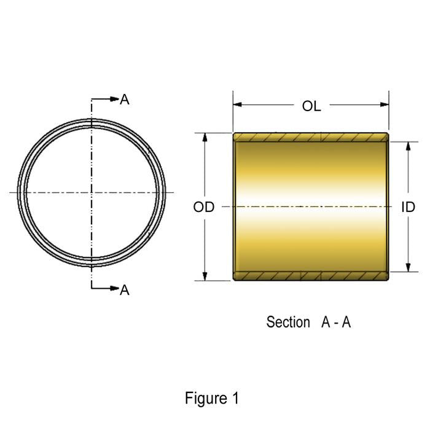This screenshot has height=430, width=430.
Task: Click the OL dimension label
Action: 311,106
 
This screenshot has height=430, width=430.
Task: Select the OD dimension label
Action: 204,208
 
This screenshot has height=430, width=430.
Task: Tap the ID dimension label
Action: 408,208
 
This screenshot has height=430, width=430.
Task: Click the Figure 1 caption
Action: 212,398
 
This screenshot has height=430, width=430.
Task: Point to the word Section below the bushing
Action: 288,322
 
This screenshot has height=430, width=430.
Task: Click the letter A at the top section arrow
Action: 125,100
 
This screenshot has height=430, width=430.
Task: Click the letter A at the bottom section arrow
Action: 125,290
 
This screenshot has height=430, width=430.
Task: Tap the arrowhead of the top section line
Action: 114,99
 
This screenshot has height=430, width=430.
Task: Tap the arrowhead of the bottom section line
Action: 114,289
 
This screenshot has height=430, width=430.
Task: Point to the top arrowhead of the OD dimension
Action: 205,137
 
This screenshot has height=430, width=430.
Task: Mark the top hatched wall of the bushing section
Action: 311,136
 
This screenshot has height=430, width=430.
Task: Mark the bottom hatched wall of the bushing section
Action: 311,276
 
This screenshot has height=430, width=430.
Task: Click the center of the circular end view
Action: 92,193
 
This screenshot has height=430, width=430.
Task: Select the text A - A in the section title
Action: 336,322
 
